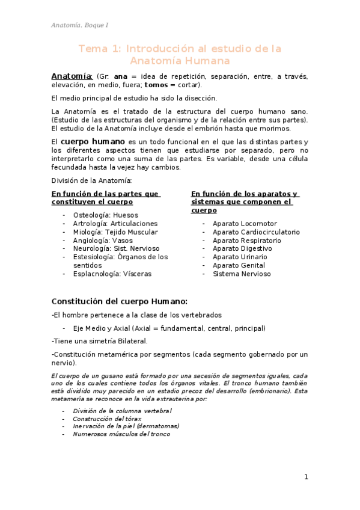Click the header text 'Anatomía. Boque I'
(79, 25)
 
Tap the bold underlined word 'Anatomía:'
(72, 76)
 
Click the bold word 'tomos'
(156, 85)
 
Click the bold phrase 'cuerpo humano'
(93, 141)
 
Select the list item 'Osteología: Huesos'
(105, 215)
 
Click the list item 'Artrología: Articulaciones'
(115, 223)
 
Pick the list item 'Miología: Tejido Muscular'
(115, 232)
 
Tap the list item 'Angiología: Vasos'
(102, 240)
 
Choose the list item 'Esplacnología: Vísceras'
(112, 274)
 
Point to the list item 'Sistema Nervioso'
(242, 274)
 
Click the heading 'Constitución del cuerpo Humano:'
(120, 301)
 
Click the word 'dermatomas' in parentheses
(157, 426)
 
